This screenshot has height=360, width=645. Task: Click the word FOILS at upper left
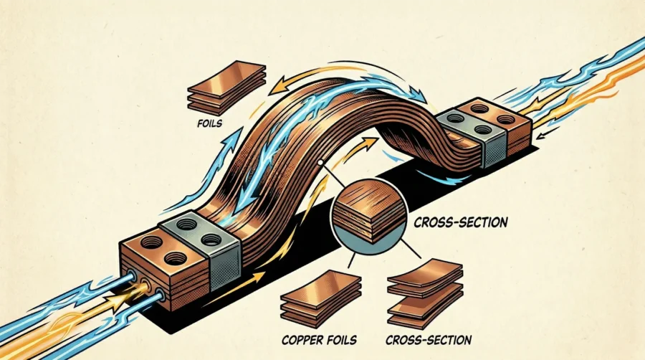click(x=208, y=123)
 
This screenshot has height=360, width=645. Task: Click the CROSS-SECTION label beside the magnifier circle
click(x=461, y=223)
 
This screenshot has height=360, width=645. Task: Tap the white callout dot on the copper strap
click(x=319, y=163)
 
